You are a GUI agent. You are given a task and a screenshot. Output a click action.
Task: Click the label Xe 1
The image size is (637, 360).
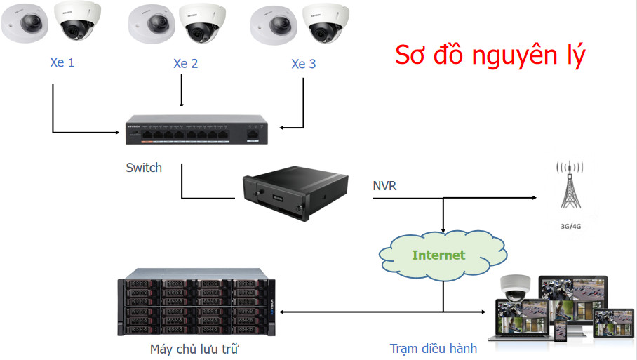pyautogui.click(x=62, y=62)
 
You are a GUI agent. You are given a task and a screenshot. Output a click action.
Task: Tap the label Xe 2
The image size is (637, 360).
pyautogui.click(x=186, y=64)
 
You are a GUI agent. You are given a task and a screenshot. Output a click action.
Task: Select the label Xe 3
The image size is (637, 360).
pyautogui.click(x=304, y=64)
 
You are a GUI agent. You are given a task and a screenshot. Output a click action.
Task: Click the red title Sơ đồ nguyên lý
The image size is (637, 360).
pyautogui.click(x=490, y=55)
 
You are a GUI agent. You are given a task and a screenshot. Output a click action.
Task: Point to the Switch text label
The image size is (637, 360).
pyautogui.click(x=144, y=168)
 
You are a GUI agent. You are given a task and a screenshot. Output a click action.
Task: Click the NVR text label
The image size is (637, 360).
pyautogui.click(x=384, y=186)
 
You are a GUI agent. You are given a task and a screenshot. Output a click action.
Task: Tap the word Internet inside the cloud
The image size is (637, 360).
pyautogui.click(x=438, y=255)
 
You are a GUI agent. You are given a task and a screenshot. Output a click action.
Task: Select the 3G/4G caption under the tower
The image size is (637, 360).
pyautogui.click(x=570, y=227)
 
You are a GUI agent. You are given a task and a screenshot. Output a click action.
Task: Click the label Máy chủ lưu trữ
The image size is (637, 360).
pyautogui.click(x=194, y=349)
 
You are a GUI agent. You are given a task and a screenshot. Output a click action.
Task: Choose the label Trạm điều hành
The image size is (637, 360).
pyautogui.click(x=434, y=349)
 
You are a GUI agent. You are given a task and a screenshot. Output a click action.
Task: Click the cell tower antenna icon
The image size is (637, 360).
pyautogui.click(x=570, y=185)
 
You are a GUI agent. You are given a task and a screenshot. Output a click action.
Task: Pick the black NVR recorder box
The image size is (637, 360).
pyautogui.click(x=295, y=192)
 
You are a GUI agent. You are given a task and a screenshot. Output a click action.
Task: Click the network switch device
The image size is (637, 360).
pyautogui.click(x=196, y=130)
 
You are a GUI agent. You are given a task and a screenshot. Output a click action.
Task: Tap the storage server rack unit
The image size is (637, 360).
pyautogui.click(x=196, y=302)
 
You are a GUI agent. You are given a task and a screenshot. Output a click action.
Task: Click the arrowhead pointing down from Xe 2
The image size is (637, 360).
pyautogui.click(x=182, y=104)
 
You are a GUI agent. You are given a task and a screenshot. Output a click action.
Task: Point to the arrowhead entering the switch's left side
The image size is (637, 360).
pyautogui.click(x=117, y=132)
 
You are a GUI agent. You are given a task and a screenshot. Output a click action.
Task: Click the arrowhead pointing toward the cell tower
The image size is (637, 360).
pyautogui.click(x=534, y=198)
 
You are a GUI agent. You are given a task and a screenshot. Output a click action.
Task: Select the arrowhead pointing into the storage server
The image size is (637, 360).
pyautogui.click(x=281, y=312)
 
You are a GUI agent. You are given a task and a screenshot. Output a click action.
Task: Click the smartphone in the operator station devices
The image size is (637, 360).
pyautogui.click(x=561, y=331)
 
